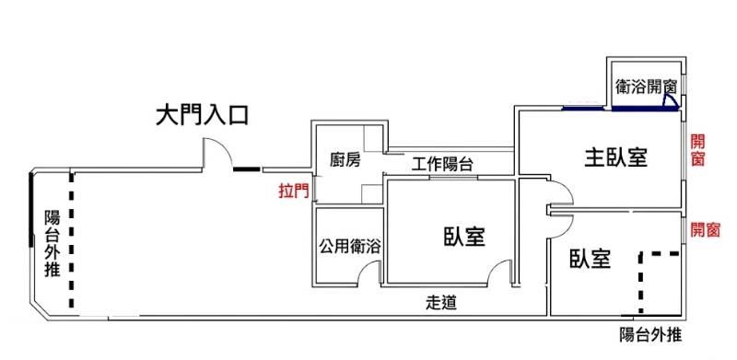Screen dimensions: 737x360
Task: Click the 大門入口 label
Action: pyautogui.click(x=202, y=116)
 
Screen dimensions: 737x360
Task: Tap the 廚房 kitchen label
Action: pyautogui.click(x=345, y=161)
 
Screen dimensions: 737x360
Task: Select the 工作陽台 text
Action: pyautogui.click(x=442, y=165)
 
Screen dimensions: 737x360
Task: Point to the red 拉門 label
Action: pyautogui.click(x=294, y=192)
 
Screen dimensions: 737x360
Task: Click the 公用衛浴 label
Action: pyautogui.click(x=350, y=247)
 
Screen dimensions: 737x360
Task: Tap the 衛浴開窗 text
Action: pyautogui.click(x=646, y=87)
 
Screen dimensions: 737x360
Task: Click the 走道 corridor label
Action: pyautogui.click(x=441, y=303)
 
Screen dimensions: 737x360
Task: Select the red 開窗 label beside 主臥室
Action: pyautogui.click(x=697, y=150)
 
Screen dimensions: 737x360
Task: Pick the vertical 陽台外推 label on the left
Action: pyautogui.click(x=52, y=243)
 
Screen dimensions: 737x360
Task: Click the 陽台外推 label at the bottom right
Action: pyautogui.click(x=650, y=335)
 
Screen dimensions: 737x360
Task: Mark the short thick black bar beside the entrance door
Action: pyautogui.click(x=247, y=168)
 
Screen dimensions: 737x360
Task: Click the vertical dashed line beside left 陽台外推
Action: pyautogui.click(x=72, y=240)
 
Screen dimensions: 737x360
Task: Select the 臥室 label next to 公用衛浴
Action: pyautogui.click(x=464, y=237)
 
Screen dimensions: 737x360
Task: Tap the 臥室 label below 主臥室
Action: pyautogui.click(x=591, y=259)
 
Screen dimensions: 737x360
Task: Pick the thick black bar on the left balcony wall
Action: pyautogui.click(x=31, y=209)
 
